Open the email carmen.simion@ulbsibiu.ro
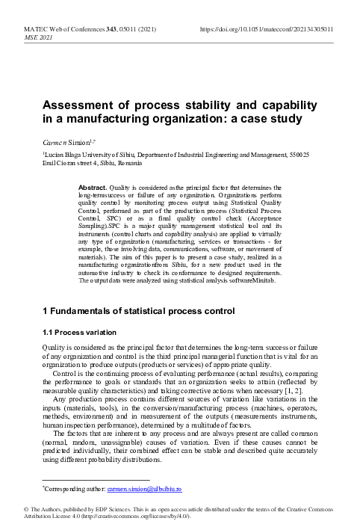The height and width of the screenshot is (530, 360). click(x=141, y=490)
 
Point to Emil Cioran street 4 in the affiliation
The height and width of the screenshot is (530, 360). click(x=70, y=161)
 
